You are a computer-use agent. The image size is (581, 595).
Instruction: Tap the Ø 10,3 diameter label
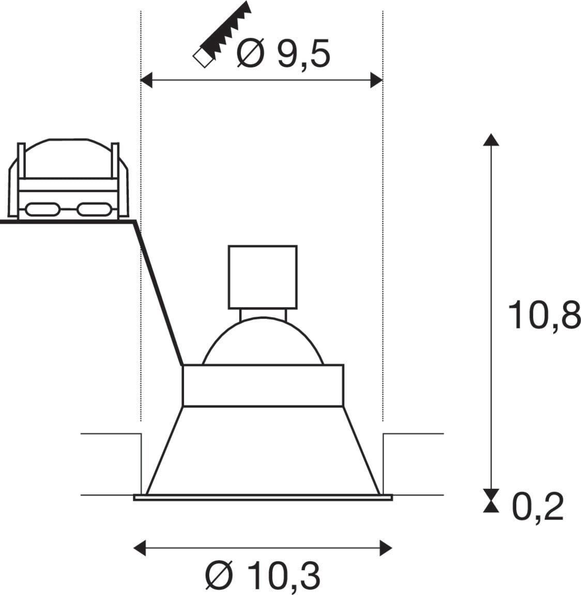[263, 576]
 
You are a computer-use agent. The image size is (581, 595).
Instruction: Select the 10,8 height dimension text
[544, 316]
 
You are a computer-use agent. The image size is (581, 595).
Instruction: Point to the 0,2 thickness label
[538, 508]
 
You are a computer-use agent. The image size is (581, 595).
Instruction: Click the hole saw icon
[222, 35]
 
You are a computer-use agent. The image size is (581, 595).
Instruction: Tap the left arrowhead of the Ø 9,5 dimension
[146, 80]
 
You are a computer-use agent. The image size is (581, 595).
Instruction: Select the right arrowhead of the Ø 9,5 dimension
[377, 80]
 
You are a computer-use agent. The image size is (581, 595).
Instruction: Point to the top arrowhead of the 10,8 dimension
[491, 140]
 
